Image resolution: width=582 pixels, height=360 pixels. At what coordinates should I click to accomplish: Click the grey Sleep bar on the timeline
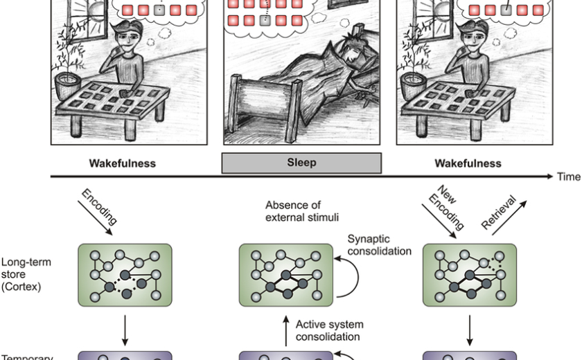point(301,163)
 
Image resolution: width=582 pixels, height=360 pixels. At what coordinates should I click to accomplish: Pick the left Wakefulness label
point(123,163)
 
